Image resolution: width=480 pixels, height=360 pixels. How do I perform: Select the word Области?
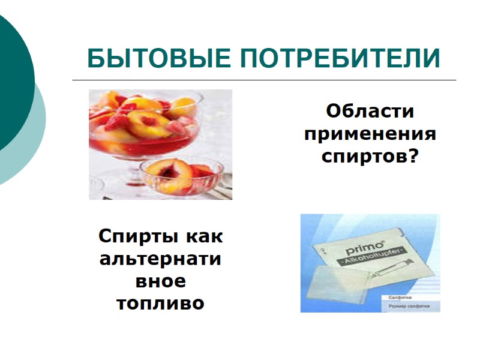pos(370,112)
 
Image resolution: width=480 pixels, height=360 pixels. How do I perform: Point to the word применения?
pos(370,134)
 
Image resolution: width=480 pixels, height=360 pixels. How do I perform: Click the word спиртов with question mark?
pos(370,157)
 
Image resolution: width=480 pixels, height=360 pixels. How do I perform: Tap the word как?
pos(204,236)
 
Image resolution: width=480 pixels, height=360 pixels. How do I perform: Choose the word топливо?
pos(160,304)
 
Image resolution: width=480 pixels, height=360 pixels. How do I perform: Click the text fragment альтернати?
pos(160,259)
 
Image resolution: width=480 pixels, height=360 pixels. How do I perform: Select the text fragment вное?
pos(160,281)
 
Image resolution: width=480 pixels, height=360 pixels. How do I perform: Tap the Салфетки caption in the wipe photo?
pos(400,297)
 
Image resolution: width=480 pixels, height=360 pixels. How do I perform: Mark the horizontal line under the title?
pos(264,80)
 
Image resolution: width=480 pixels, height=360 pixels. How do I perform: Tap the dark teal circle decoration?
pos(12,84)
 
